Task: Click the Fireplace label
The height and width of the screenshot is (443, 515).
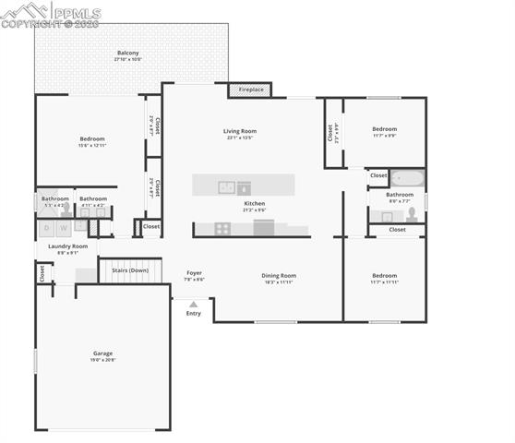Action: tap(251, 90)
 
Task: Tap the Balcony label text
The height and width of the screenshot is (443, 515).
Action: tap(127, 55)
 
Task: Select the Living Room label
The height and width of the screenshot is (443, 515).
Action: tap(239, 131)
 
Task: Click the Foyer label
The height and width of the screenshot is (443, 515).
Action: tap(194, 274)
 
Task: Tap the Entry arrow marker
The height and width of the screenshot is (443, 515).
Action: tap(193, 304)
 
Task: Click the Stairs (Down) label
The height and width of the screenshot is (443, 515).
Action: tap(130, 270)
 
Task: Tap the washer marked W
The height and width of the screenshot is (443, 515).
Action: tap(64, 228)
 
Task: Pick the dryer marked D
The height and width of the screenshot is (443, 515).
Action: tap(46, 228)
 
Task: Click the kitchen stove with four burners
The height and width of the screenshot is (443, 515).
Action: tap(223, 228)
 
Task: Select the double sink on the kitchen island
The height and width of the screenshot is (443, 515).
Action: tap(226, 187)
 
